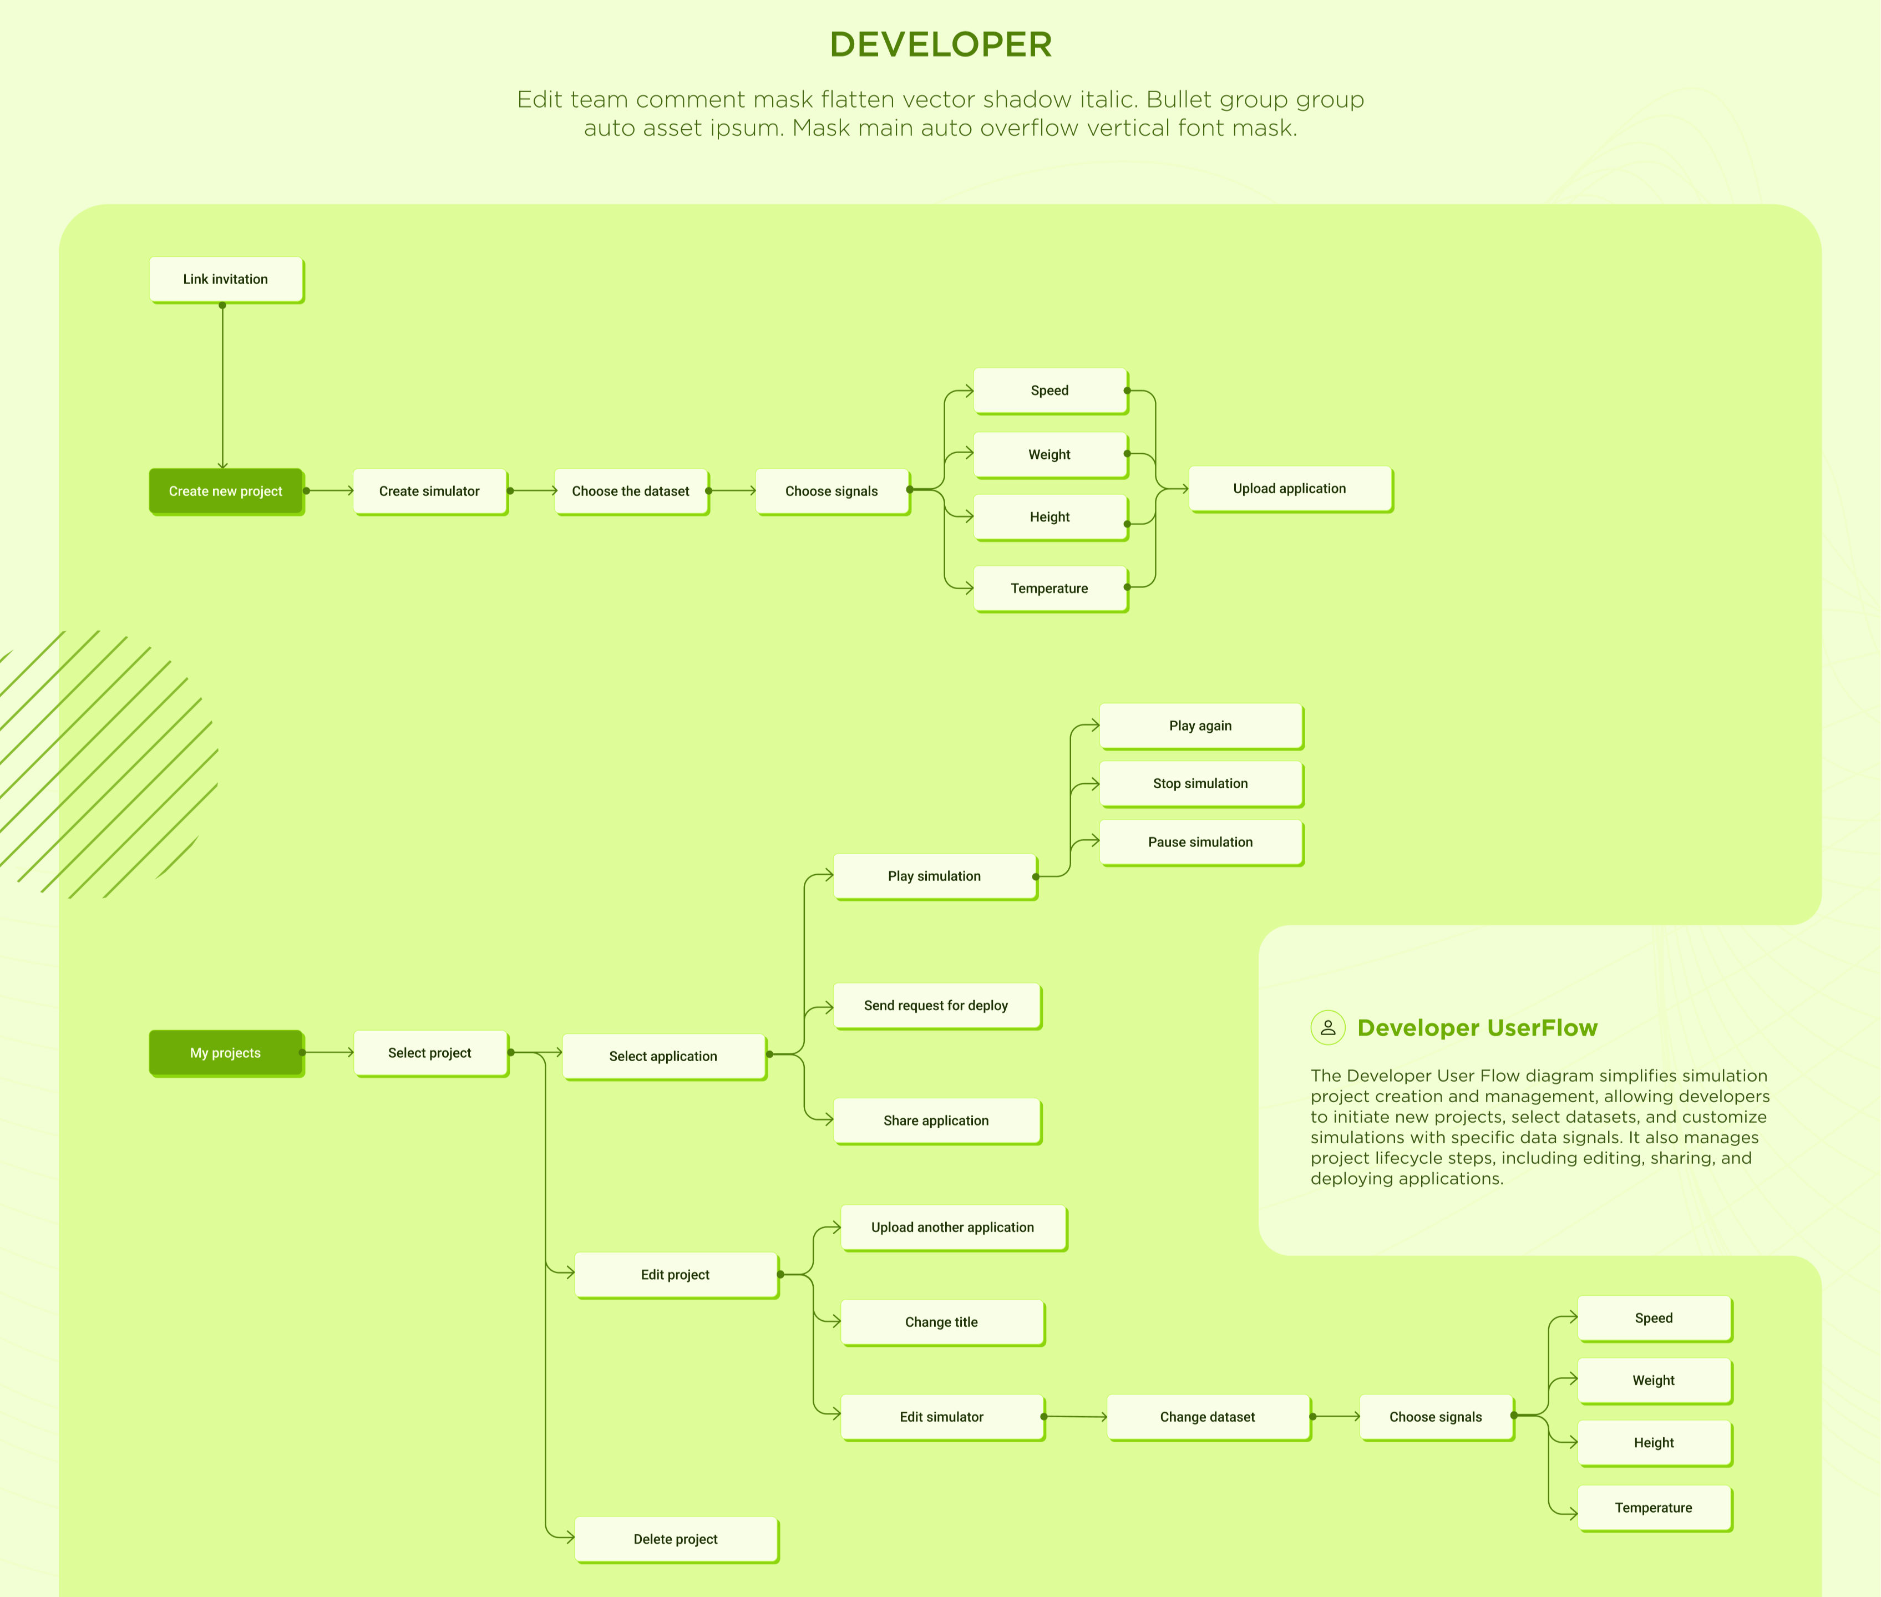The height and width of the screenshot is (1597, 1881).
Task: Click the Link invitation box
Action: click(225, 279)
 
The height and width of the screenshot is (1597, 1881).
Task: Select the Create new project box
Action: click(225, 491)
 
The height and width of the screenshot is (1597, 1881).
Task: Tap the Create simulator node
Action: click(429, 491)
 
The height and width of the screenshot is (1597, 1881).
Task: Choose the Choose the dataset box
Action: click(630, 491)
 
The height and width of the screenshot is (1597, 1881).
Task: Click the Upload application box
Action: click(1289, 489)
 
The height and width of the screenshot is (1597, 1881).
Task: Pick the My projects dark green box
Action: click(225, 1053)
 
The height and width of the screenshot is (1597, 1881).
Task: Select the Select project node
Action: click(429, 1053)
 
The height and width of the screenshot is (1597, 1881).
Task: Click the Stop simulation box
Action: click(1200, 783)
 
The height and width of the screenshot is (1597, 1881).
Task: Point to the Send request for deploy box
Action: click(936, 1005)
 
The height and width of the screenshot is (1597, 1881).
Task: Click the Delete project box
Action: click(675, 1539)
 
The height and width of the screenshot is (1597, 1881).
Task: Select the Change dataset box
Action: click(1208, 1417)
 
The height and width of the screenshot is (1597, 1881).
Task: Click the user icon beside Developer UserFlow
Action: click(1328, 1027)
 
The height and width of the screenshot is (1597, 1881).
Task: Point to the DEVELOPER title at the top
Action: click(941, 44)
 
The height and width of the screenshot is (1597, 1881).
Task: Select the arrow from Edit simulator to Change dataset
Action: click(1076, 1417)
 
